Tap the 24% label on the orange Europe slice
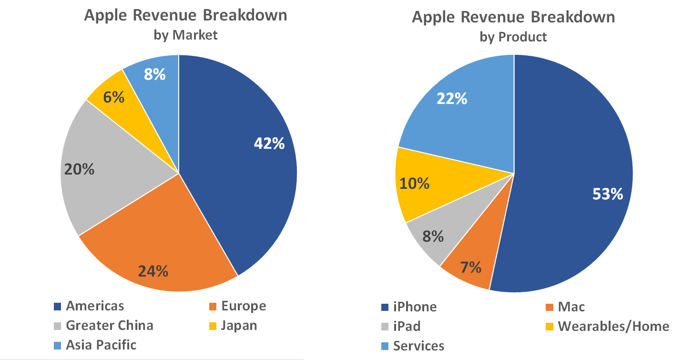click(153, 271)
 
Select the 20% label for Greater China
click(79, 169)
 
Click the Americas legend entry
click(95, 306)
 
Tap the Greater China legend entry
click(110, 326)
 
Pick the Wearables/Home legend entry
click(613, 326)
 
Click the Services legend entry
click(418, 346)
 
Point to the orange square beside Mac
click(549, 307)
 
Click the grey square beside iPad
click(385, 327)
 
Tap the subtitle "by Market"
click(185, 35)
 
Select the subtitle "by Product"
click(513, 37)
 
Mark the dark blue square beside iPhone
click(385, 307)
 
